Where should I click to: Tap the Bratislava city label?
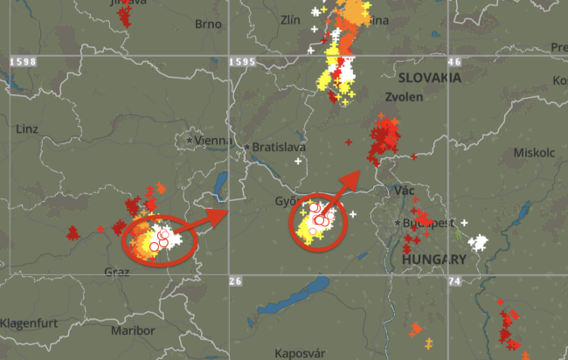coord(276,148)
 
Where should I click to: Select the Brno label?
coord(208,24)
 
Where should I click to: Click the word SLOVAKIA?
coord(428,78)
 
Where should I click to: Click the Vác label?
coord(405,190)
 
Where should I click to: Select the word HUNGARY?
coord(433,260)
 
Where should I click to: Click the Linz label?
coord(27,128)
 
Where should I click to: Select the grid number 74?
coord(454,280)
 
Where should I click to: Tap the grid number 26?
coord(234,280)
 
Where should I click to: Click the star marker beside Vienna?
coord(190,140)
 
